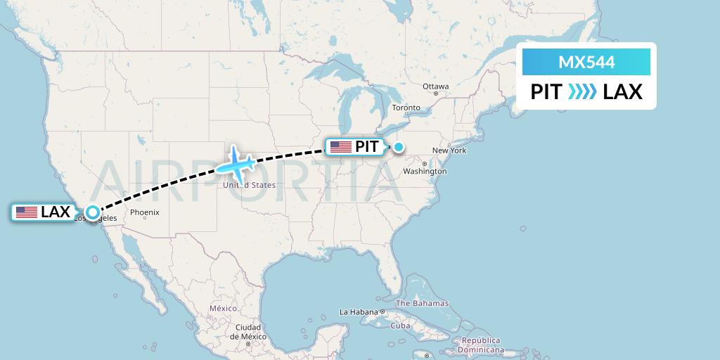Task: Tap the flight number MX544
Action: point(586,63)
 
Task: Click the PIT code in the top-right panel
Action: point(546,91)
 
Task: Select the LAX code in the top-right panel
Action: point(623,91)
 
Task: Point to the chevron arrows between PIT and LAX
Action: point(582,91)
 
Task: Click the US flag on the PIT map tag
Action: point(340,147)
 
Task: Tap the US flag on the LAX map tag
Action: point(27,212)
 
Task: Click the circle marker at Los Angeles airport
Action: point(92,212)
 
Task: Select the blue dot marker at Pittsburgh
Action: point(399,147)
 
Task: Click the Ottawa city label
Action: point(435,86)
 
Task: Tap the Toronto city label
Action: point(406,108)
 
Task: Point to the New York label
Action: point(449,150)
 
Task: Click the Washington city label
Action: point(425,171)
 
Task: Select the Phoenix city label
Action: point(145,212)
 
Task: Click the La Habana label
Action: point(358,311)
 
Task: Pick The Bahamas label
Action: point(422,304)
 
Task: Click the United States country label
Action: point(249,186)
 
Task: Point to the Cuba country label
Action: point(400,326)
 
